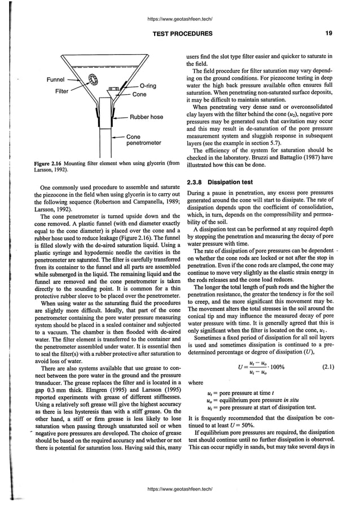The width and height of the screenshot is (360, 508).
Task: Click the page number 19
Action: [x=328, y=34]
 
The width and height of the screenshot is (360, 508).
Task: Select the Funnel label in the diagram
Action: [x=55, y=79]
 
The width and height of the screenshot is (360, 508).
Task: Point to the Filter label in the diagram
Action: [x=62, y=91]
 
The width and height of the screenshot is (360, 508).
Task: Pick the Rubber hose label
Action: [x=146, y=117]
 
